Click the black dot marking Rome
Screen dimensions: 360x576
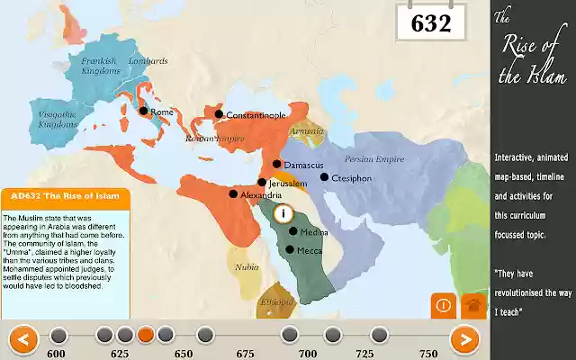click(142, 112)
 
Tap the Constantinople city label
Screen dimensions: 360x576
click(256, 115)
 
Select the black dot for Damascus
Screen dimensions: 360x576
click(277, 165)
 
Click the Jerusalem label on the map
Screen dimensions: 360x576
click(289, 183)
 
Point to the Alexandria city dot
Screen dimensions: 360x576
click(233, 193)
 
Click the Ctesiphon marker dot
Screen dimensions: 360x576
click(324, 177)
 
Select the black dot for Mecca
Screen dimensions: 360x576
click(290, 249)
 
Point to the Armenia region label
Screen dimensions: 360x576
click(306, 130)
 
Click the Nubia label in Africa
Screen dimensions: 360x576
click(247, 267)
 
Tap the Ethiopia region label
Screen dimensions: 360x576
click(277, 303)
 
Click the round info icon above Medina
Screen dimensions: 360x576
click(283, 213)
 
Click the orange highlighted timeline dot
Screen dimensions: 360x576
click(146, 335)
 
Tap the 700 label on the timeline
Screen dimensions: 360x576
click(308, 354)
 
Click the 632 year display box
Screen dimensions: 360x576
click(430, 23)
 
